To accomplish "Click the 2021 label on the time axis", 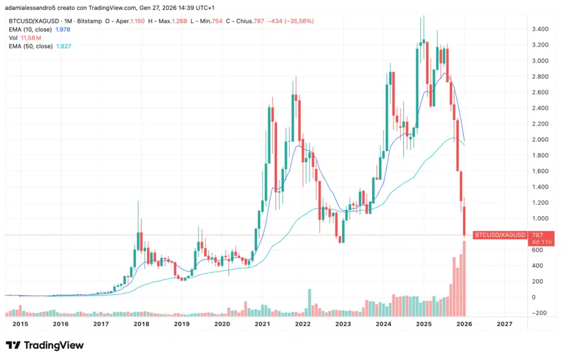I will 262,324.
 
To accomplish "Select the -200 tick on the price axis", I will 538,313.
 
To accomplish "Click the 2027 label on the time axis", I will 504,324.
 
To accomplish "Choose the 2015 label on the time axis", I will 20,324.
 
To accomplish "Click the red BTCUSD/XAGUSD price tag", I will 500,235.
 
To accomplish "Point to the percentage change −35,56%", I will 298,21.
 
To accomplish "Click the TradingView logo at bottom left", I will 45,345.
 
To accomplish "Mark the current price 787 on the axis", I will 537,235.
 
